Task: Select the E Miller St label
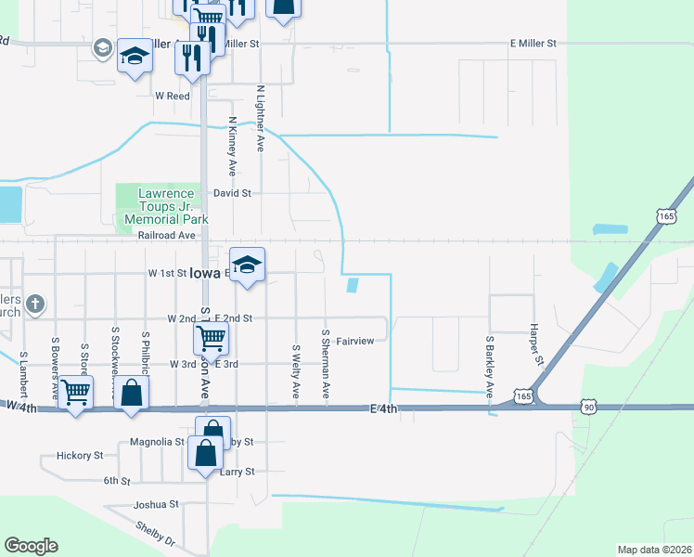(x=533, y=44)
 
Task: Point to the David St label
(x=232, y=193)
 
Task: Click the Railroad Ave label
(x=166, y=237)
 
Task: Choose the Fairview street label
(x=354, y=341)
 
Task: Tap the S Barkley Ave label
(x=488, y=367)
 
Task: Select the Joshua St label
(x=155, y=504)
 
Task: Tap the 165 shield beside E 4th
(x=524, y=396)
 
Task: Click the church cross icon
(x=34, y=303)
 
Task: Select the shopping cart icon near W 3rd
(x=211, y=338)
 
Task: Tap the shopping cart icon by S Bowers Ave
(x=75, y=393)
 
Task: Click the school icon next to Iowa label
(x=247, y=265)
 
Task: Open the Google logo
(x=31, y=546)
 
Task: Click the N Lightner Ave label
(x=261, y=120)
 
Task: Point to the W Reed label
(x=173, y=96)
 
